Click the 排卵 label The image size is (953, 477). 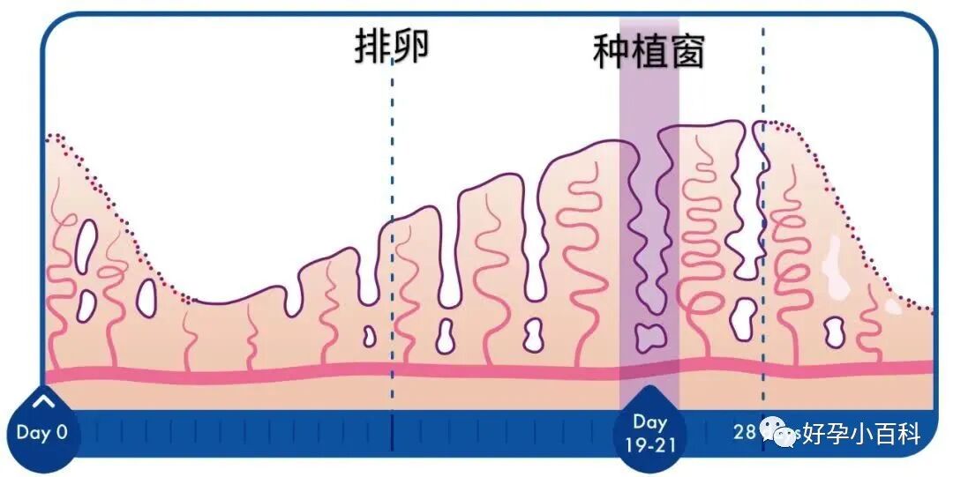click(x=392, y=46)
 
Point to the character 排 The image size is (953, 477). click(x=372, y=46)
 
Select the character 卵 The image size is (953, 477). click(x=411, y=46)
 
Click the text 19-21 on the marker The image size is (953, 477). click(x=650, y=444)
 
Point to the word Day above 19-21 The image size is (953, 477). click(x=650, y=423)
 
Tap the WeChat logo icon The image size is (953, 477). click(x=780, y=433)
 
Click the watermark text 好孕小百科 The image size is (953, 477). click(x=860, y=435)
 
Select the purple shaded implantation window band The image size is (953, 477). click(x=649, y=220)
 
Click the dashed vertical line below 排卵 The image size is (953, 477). click(x=392, y=265)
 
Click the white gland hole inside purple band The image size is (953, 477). click(x=652, y=335)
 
